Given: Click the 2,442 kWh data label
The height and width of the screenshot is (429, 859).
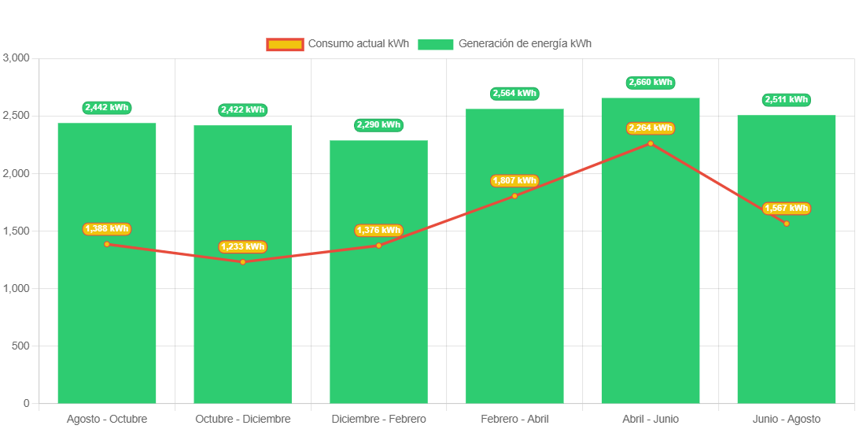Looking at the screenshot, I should click(107, 108).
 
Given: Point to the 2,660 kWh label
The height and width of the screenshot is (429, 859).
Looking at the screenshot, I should click(651, 83).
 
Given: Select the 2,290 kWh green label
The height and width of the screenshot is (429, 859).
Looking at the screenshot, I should click(378, 124).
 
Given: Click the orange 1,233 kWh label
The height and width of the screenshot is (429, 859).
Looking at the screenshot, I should click(242, 247).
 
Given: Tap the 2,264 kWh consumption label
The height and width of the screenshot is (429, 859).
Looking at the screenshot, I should click(651, 128).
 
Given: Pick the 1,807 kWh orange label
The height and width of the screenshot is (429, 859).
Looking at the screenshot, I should click(514, 181).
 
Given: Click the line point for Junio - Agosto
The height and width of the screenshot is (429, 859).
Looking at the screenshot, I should click(786, 224).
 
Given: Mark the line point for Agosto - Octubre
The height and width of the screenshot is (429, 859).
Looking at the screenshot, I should click(107, 244).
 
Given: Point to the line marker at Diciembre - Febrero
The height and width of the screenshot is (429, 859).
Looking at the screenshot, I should click(378, 246).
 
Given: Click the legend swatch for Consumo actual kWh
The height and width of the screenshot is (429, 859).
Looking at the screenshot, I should click(285, 45).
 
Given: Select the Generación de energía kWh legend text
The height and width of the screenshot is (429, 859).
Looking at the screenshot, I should click(525, 44).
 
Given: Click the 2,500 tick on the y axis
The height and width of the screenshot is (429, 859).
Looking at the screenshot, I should click(17, 116).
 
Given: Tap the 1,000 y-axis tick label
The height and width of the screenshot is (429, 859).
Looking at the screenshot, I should click(17, 289).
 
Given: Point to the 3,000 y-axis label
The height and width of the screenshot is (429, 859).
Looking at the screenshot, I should click(17, 58).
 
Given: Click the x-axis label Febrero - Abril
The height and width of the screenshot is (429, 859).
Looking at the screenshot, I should click(514, 419).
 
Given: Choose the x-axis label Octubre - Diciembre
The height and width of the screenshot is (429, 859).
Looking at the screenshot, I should click(242, 419).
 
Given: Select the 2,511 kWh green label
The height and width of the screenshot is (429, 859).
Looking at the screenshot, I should click(786, 100).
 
